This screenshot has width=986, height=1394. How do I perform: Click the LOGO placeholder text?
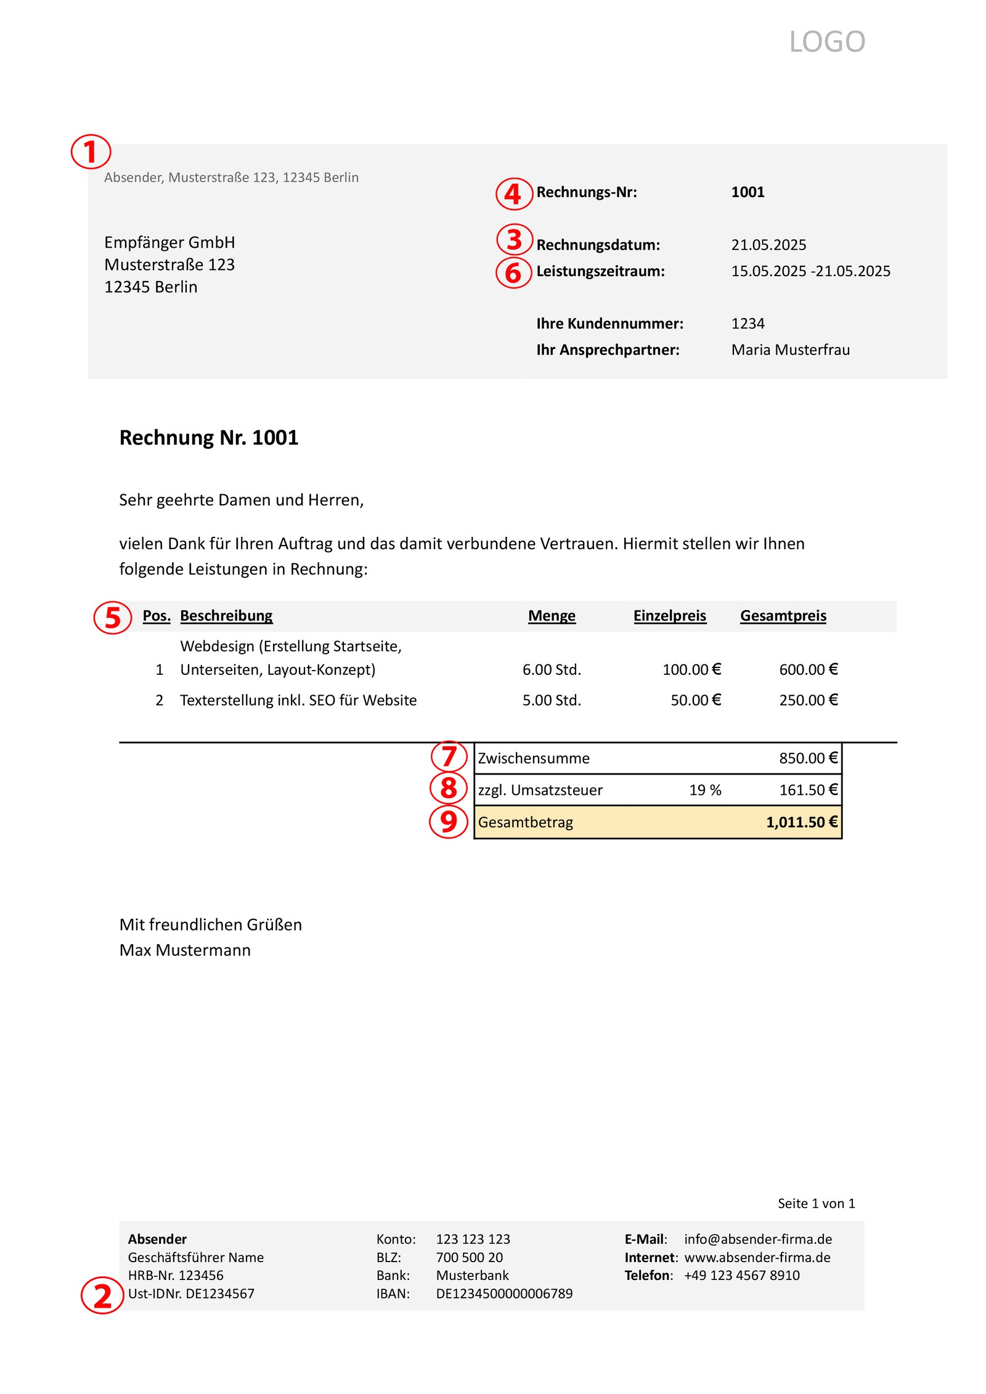point(826,42)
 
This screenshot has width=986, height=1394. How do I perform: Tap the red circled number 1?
point(91,152)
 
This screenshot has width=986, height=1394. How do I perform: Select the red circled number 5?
point(112,617)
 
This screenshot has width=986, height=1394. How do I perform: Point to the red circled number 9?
point(449,821)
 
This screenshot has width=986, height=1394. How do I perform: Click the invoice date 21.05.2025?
point(768,245)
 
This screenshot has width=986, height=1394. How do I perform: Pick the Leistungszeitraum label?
point(600,271)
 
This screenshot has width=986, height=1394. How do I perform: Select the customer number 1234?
point(747,324)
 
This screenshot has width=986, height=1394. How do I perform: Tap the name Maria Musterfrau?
point(789,350)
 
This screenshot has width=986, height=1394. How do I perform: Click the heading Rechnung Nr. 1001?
point(208,438)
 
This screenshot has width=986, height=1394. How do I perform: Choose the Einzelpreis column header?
point(669,616)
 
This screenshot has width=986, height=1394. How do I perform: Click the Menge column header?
point(551,616)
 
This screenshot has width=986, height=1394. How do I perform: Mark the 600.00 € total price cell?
point(807,669)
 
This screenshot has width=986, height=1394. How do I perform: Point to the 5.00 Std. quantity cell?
point(551,700)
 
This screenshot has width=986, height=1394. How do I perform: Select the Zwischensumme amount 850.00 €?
point(807,758)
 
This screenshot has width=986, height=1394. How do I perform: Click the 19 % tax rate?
point(704,790)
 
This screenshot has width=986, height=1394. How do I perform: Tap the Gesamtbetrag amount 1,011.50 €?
point(801,822)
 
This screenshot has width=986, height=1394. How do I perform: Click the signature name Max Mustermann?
point(185,950)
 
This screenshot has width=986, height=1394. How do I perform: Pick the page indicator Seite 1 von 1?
point(815,1203)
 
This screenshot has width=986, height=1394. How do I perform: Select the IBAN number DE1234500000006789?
point(503,1294)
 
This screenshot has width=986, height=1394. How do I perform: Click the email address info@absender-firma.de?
point(757,1239)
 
